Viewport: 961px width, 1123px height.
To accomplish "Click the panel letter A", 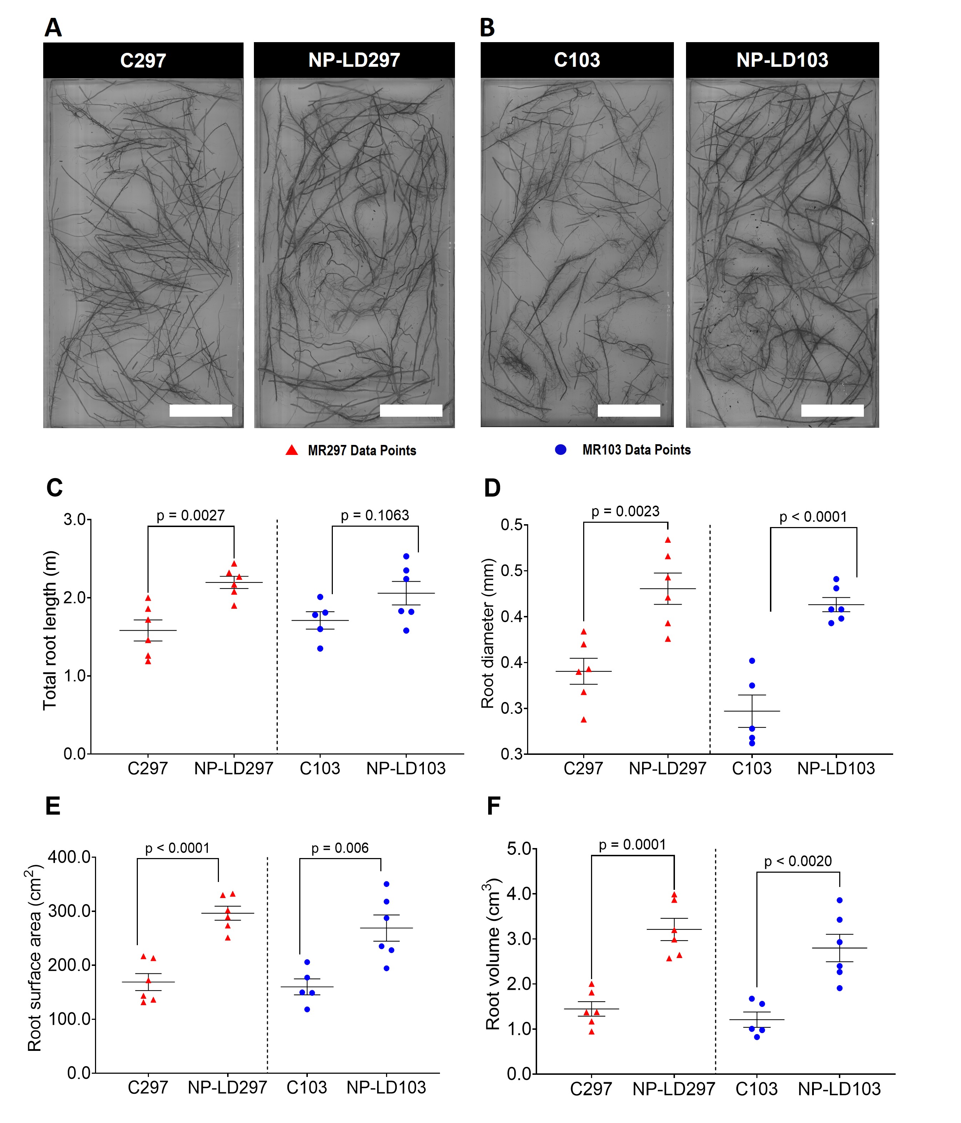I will (x=53, y=27).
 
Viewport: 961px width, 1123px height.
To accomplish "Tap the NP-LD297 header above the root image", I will (x=354, y=60).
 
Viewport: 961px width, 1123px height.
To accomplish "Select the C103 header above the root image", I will (x=577, y=60).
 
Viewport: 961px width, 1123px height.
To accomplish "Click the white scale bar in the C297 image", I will (x=201, y=410).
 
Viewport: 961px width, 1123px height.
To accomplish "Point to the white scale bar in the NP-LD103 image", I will (x=832, y=410).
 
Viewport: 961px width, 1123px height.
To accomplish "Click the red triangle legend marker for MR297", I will (x=292, y=450).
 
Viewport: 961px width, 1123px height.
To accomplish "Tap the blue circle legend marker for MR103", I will (x=561, y=449).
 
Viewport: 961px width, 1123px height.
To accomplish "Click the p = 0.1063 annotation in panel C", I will (x=375, y=515).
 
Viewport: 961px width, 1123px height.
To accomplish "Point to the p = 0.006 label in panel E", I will (x=340, y=848).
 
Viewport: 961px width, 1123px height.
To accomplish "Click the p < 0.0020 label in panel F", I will (x=798, y=861).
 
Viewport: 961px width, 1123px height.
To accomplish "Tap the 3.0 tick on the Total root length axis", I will (x=74, y=520).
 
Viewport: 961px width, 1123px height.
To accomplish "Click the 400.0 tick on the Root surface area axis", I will (x=69, y=857).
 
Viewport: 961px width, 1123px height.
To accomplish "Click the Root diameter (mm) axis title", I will (x=488, y=633).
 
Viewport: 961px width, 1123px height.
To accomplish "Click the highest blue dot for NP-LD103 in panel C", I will (x=406, y=556).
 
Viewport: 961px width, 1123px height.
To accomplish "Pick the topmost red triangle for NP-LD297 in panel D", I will (x=668, y=540).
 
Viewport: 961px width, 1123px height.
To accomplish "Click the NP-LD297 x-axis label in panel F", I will (x=674, y=1089).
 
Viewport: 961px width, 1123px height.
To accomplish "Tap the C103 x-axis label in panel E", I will (x=307, y=1087).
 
